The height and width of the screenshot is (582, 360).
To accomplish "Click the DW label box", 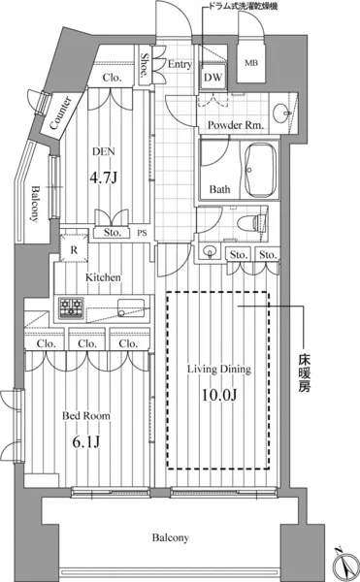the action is [213, 77].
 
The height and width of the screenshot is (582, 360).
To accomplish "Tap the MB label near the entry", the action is [251, 63].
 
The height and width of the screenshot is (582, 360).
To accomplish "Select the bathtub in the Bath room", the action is [261, 171].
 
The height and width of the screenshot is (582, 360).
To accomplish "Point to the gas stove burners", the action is [71, 307].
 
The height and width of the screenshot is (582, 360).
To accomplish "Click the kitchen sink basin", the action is [131, 308].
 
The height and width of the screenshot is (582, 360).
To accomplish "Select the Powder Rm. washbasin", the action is [281, 113].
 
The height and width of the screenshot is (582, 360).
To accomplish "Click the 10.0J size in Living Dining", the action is [219, 395].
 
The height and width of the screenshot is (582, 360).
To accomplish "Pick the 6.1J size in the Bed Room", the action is [86, 441].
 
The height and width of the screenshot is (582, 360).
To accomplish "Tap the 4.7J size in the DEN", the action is [104, 178].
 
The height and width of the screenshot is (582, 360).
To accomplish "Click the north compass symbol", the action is [344, 565].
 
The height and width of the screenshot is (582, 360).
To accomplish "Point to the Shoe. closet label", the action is [145, 65].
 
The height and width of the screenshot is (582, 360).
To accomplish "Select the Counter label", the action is [60, 113].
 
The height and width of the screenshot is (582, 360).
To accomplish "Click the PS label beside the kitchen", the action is [142, 233].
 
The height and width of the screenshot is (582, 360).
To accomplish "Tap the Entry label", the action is [180, 65].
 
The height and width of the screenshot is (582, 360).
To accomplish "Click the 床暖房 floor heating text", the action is [304, 373].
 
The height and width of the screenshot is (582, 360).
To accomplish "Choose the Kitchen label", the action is [103, 277].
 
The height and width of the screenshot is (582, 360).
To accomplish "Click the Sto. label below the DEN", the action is [113, 233].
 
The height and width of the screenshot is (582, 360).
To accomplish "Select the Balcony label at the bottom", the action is [171, 537].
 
